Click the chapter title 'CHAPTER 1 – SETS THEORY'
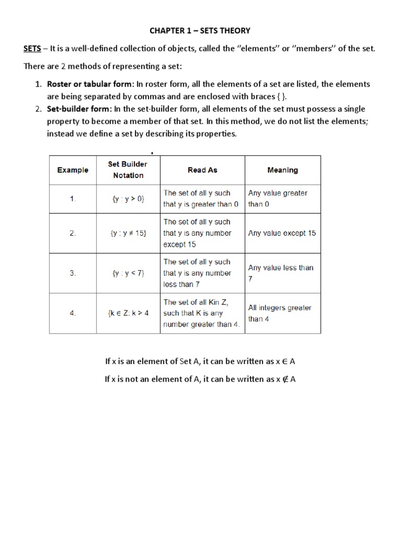point(199,31)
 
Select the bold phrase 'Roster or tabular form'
point(90,84)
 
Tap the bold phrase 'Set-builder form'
point(79,109)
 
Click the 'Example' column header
point(73,170)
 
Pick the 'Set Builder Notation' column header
point(128,169)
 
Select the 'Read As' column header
point(203,170)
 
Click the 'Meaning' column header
point(282,170)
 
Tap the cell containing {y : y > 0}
point(128,199)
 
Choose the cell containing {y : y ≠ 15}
point(128,233)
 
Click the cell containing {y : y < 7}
point(128,273)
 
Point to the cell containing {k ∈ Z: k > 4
point(128,313)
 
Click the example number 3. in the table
point(73,273)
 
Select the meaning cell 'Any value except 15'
point(282,233)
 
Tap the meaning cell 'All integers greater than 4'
point(280,313)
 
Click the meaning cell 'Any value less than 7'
point(281,273)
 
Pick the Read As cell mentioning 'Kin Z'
point(202,313)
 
